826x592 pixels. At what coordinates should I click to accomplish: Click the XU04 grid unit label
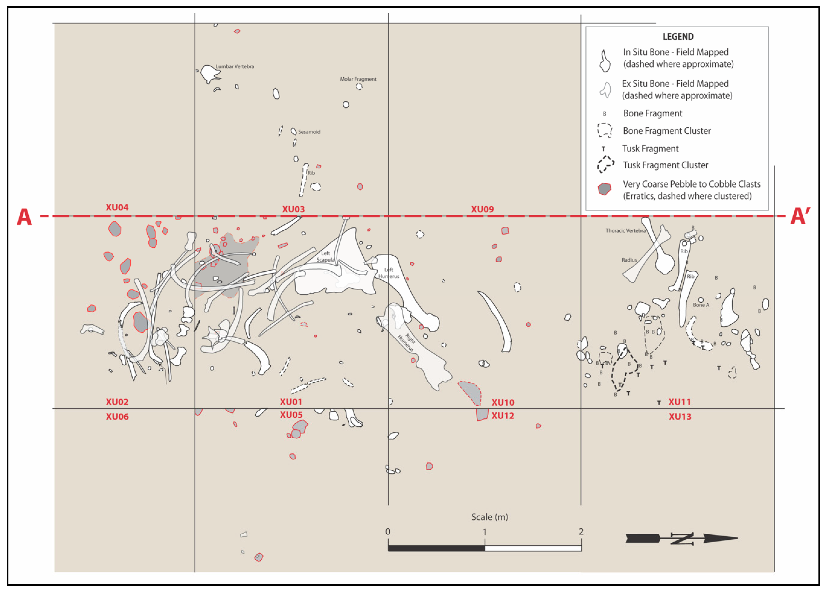[x=117, y=208]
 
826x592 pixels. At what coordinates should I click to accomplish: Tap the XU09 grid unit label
[x=482, y=209]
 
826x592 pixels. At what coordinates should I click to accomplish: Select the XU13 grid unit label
[x=680, y=417]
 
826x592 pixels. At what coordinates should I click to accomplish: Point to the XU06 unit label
[x=117, y=417]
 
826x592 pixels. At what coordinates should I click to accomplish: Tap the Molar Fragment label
[x=358, y=79]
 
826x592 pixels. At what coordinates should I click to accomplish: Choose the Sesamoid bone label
[x=309, y=132]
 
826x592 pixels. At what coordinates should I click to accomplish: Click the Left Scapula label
[x=325, y=256]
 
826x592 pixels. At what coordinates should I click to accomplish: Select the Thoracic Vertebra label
[x=625, y=230]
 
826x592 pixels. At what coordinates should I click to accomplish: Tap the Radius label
[x=629, y=260]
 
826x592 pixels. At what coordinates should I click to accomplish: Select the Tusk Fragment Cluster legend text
[x=665, y=165]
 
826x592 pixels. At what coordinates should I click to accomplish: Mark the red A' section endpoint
[x=800, y=217]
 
